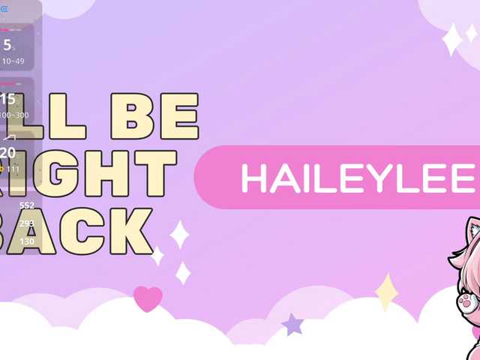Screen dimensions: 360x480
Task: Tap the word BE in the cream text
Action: tap(154, 117)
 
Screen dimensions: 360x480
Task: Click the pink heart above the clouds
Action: tap(148, 298)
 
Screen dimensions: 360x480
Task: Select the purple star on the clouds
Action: tap(292, 325)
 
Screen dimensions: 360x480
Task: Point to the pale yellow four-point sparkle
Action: tap(386, 292)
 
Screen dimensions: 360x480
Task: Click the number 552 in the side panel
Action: tap(27, 205)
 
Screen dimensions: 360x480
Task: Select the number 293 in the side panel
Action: tap(27, 223)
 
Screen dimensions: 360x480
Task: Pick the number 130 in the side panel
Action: tap(27, 241)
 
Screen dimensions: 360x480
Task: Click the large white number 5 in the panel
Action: tap(7, 44)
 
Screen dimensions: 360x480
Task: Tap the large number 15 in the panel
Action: tap(7, 100)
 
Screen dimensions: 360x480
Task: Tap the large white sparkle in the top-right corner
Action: tap(452, 39)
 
